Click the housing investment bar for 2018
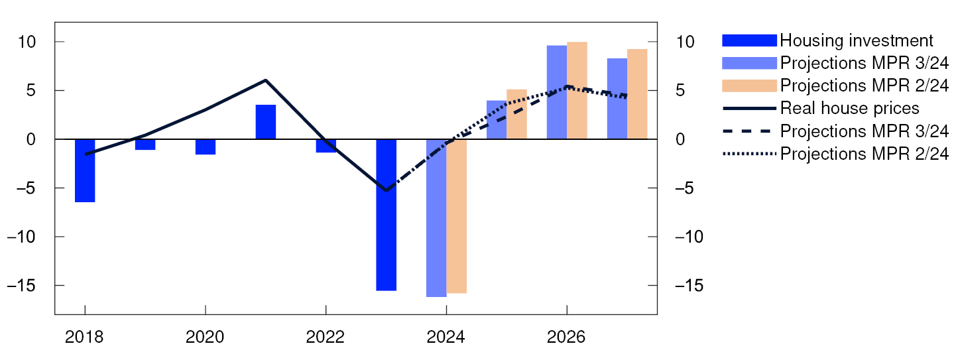pyautogui.click(x=85, y=170)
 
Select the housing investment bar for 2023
pyautogui.click(x=386, y=215)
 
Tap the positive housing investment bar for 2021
pyautogui.click(x=265, y=122)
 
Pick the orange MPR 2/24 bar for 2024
pyautogui.click(x=456, y=216)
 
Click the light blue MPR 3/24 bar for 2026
pyautogui.click(x=556, y=92)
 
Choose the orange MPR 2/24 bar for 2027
pyautogui.click(x=636, y=94)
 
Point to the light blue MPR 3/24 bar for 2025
pyautogui.click(x=496, y=120)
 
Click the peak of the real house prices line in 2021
pyautogui.click(x=265, y=80)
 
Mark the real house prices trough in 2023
pyautogui.click(x=386, y=190)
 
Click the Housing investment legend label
pyautogui.click(x=856, y=40)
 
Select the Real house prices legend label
pyautogui.click(x=849, y=108)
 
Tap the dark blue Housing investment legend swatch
pyautogui.click(x=748, y=40)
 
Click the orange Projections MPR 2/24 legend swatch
pyautogui.click(x=748, y=86)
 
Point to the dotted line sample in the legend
pyautogui.click(x=748, y=153)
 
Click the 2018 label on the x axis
pyautogui.click(x=85, y=337)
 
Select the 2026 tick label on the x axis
pyautogui.click(x=566, y=337)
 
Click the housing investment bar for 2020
pyautogui.click(x=205, y=147)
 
